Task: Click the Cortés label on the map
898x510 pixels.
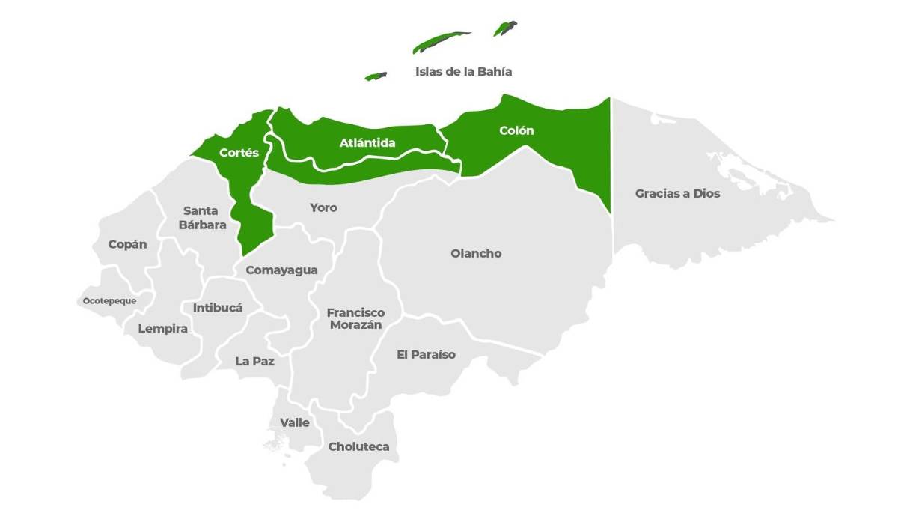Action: (239, 153)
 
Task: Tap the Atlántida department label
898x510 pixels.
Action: (367, 142)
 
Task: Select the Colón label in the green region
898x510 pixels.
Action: (517, 130)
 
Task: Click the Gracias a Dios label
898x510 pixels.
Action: (677, 193)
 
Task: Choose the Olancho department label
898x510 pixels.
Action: (476, 253)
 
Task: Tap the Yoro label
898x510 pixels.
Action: (323, 207)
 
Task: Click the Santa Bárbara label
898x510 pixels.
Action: (202, 217)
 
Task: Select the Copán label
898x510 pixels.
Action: (127, 244)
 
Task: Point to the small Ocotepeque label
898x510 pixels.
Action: (109, 301)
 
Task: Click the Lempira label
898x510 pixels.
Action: (162, 328)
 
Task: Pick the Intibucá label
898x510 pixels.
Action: (218, 307)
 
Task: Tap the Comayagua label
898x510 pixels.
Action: (281, 270)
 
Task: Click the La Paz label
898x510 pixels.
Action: (254, 361)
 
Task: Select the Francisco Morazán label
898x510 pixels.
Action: (355, 318)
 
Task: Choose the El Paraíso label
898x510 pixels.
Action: (426, 354)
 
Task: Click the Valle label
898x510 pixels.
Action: (294, 422)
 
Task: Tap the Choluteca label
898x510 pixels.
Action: (358, 446)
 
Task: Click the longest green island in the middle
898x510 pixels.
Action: (442, 41)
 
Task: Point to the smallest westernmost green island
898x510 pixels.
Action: (376, 76)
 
